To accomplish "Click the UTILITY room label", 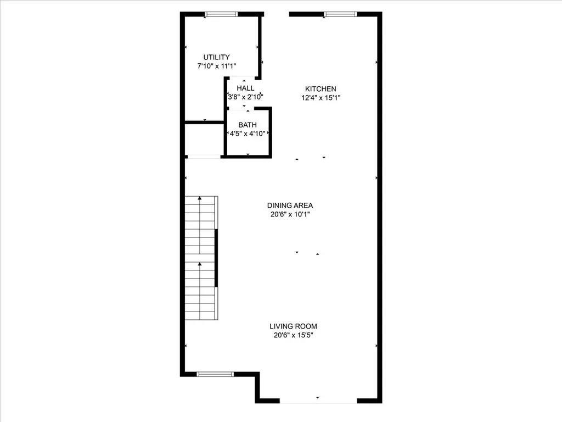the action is pos(216,57).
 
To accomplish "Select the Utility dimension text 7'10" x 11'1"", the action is pos(216,66).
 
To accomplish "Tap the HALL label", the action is pos(245,88).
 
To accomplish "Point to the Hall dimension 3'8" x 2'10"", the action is pos(245,97).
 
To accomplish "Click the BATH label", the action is pos(248,125).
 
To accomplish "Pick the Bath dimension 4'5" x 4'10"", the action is pos(248,134).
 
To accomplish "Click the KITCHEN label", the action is pos(321,88).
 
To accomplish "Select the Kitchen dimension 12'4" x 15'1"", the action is pos(321,98).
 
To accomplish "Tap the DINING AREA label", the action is pos(290,206).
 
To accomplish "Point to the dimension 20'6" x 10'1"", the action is pos(290,214).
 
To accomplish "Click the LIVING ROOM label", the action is pos(293,326).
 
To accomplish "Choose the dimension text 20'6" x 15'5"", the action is pos(293,335).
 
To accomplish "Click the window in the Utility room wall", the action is pos(221,14).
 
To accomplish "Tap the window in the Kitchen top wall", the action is pos(340,14).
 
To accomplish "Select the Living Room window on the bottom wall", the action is pos(215,374).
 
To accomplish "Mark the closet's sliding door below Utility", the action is pos(204,157).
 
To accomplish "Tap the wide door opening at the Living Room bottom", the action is pos(318,401).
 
